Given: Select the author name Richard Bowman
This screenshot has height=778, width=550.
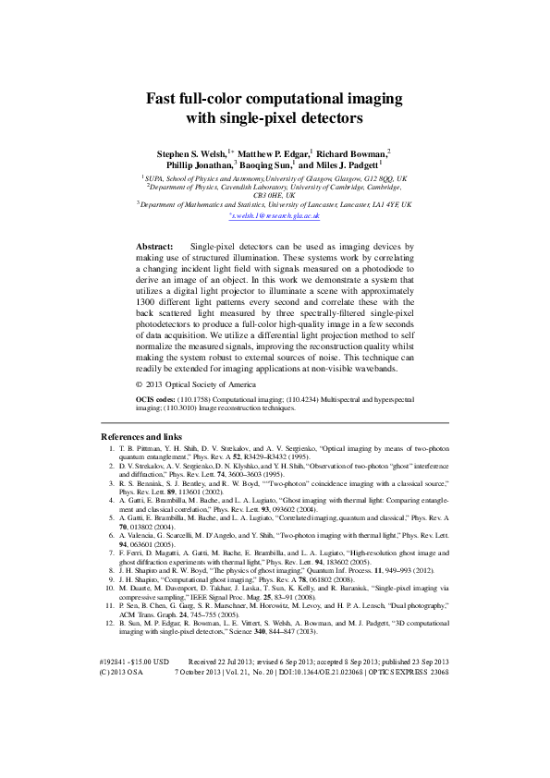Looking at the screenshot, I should pyautogui.click(x=355, y=152).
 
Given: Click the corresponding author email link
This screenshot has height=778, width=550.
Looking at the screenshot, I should pyautogui.click(x=275, y=214).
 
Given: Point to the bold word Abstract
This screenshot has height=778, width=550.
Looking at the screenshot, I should pyautogui.click(x=154, y=248).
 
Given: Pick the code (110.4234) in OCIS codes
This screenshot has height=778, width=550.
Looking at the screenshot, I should pyautogui.click(x=292, y=398).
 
